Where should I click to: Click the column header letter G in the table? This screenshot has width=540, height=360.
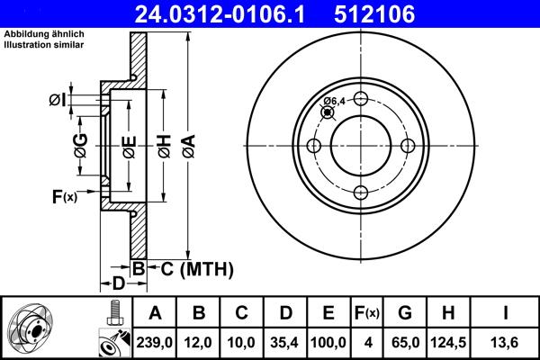tap(405, 313)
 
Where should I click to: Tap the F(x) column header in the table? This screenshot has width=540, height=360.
tap(368, 313)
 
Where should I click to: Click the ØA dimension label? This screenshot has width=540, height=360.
tap(187, 145)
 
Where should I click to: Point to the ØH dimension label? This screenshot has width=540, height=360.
tap(164, 145)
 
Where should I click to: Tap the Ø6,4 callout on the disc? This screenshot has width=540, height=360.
tap(334, 101)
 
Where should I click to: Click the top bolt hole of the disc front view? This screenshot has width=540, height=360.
tap(360, 100)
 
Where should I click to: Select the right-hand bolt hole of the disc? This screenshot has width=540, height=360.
tap(407, 146)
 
